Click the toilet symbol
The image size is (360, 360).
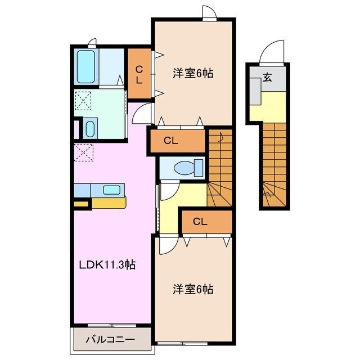click(x=184, y=168)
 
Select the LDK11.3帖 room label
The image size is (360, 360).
click(x=106, y=263)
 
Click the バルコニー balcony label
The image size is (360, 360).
click(x=110, y=340)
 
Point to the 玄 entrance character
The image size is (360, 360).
click(x=267, y=78)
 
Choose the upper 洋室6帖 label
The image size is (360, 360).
click(x=193, y=73)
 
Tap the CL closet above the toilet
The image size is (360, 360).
click(x=172, y=141)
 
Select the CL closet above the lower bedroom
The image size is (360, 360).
click(x=201, y=222)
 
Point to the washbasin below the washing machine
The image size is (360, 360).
click(x=90, y=127)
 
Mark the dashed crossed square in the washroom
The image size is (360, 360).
click(x=83, y=101)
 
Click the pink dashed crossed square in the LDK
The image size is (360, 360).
click(x=83, y=152)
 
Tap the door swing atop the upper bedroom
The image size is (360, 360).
click(x=209, y=12)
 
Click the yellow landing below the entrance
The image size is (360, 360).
click(x=269, y=107)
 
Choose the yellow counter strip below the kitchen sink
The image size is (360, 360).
click(x=109, y=201)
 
